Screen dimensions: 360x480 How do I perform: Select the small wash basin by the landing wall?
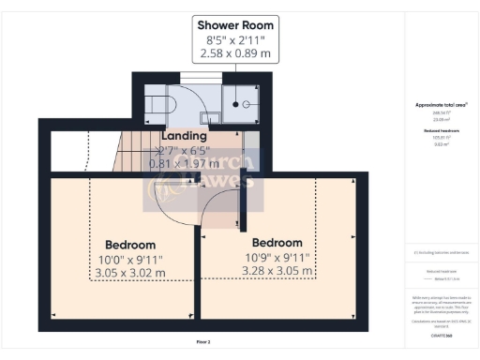click(x=213, y=117)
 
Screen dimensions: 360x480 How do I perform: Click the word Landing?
click(x=184, y=137)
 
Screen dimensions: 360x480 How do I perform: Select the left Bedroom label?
click(x=130, y=241)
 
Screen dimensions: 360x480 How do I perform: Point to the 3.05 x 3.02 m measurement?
click(x=130, y=273)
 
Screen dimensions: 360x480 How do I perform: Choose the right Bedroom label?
click(x=277, y=242)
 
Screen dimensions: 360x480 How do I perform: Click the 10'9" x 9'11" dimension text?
click(x=277, y=258)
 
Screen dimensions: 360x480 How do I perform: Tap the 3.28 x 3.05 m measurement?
click(x=277, y=273)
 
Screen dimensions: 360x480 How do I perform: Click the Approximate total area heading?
click(x=440, y=106)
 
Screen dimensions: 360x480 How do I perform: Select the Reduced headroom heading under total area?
click(x=440, y=128)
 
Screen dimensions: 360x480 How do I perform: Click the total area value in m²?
click(x=440, y=119)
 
